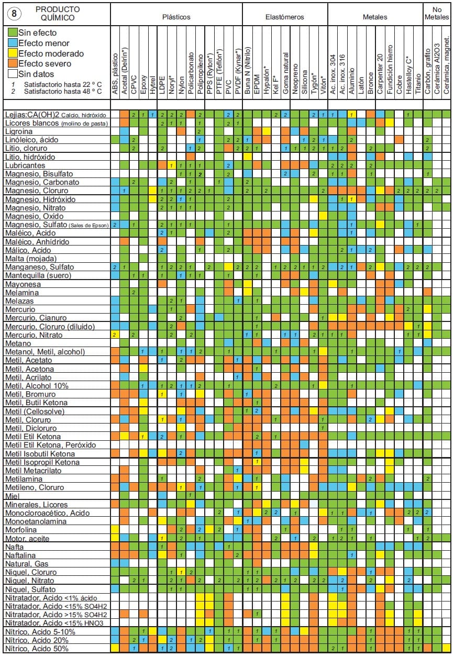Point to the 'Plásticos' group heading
click(175, 17)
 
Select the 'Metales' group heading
click(375, 17)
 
